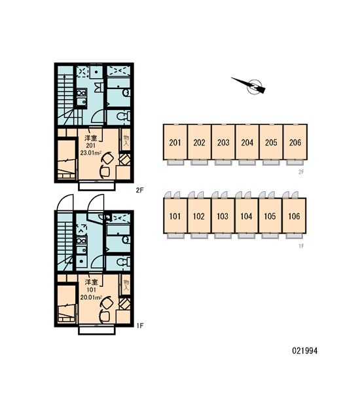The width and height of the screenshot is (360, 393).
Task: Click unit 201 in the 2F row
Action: click(x=175, y=142)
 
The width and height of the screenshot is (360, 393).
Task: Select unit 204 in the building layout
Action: click(x=247, y=142)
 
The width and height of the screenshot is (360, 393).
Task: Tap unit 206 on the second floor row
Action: click(x=295, y=142)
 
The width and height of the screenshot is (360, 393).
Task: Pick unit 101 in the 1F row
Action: click(x=175, y=215)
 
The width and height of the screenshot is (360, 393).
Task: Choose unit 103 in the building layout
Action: click(x=223, y=215)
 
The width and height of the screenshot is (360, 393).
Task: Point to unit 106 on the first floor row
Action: click(x=294, y=215)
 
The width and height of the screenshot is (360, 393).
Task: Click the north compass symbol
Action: click(x=251, y=86)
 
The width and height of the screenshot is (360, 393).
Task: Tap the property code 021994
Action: click(x=304, y=350)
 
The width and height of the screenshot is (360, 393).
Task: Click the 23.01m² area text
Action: click(x=91, y=153)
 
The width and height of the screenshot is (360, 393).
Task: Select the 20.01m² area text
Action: click(x=91, y=297)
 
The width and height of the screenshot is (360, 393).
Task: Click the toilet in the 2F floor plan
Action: click(x=124, y=117)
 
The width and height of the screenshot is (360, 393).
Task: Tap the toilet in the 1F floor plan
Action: click(x=124, y=261)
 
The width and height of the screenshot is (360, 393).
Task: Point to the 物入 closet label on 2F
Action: click(x=126, y=141)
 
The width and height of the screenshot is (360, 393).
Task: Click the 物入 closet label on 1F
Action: click(x=126, y=285)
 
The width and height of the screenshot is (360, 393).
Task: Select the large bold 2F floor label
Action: click(x=140, y=190)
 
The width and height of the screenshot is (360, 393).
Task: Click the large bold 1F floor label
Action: click(x=140, y=326)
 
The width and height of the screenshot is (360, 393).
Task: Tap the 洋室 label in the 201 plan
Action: click(x=91, y=138)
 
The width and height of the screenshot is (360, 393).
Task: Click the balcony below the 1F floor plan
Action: click(x=97, y=330)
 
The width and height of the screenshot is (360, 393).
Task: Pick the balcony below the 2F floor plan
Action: click(x=97, y=186)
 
